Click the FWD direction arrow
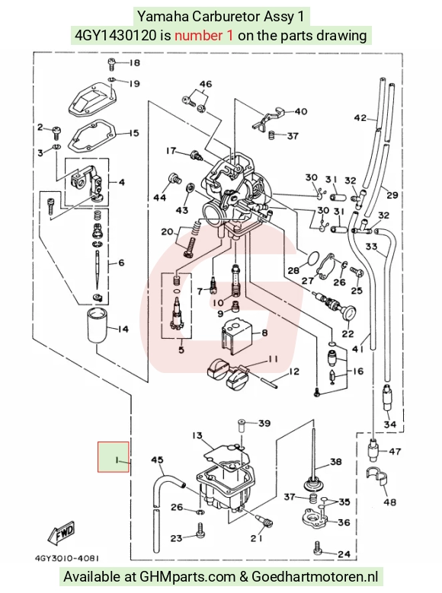coord(62,534)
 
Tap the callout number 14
coord(123,329)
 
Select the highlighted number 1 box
coord(114,457)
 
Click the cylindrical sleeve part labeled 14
coord(97,326)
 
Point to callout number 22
coord(348,333)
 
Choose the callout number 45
coord(157,460)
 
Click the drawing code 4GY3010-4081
coord(67,558)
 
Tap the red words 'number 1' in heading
coord(203,36)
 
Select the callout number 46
coord(206,84)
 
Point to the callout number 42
coord(360,118)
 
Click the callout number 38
coord(336,462)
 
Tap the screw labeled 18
coord(111,64)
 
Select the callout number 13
coord(197,435)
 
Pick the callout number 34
coord(389,424)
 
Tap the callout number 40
coord(301,112)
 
